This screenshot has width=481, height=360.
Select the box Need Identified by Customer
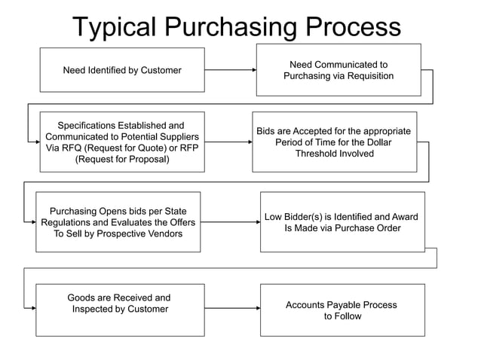(122, 70)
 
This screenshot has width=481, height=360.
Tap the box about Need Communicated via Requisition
(339, 70)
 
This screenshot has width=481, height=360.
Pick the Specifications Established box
(122, 142)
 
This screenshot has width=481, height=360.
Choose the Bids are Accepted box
(334, 142)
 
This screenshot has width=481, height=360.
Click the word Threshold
(321, 154)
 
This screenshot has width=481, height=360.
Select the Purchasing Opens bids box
(118, 222)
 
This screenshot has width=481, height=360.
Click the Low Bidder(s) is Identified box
(342, 222)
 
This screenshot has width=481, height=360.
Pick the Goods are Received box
(119, 309)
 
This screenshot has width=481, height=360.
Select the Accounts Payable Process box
(342, 310)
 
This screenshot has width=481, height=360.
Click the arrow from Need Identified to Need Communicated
(230, 70)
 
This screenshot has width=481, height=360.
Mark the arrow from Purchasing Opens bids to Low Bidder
(230, 222)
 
